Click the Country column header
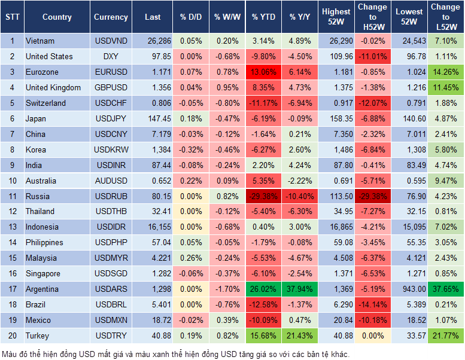[57, 17]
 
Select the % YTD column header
[263, 17]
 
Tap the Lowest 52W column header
[411, 17]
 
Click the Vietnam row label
[40, 41]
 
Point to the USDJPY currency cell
[110, 118]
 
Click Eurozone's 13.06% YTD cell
[263, 72]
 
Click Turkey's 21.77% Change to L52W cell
[446, 335]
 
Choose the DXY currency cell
[110, 57]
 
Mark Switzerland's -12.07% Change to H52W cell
[372, 103]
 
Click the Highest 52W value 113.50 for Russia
[336, 196]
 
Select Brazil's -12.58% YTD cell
[263, 304]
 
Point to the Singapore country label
[42, 273]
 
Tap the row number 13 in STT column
[11, 227]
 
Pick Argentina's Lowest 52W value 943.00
[411, 289]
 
